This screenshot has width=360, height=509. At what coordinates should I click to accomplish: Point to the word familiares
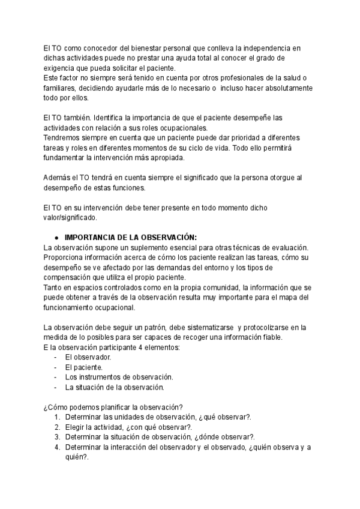click(61, 88)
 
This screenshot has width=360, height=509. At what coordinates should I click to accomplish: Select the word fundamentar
click(65, 158)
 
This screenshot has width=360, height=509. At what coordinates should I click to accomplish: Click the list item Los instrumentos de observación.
click(119, 377)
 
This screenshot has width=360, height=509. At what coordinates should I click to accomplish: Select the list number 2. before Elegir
click(57, 427)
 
